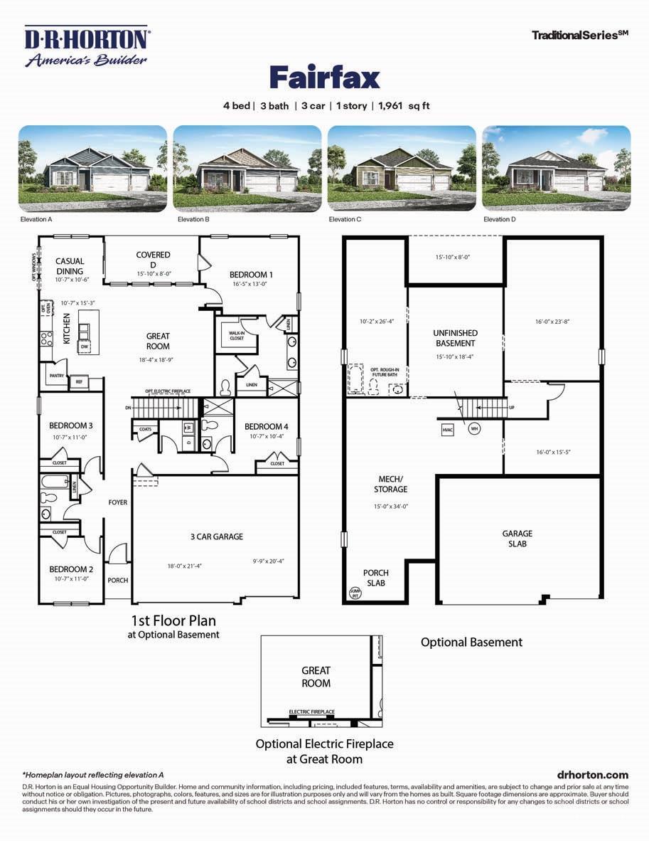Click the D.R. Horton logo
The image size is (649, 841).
pos(86,46)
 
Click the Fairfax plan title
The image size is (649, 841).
pos(324,77)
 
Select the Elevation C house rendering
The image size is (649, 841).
pos(401,167)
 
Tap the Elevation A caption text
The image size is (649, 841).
pos(36,220)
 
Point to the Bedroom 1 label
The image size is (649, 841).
pos(251,275)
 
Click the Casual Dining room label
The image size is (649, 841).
pos(70,266)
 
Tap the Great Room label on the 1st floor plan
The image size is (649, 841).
pos(158,342)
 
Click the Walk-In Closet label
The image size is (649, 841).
pos(236,334)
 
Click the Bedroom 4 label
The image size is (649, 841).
pos(267,427)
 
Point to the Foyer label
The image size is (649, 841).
pos(118,502)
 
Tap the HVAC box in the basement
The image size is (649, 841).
pos(447,430)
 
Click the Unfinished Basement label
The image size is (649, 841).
pos(455,338)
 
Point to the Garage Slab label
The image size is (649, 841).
pos(517,539)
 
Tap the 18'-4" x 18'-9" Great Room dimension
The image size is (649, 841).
pos(158,360)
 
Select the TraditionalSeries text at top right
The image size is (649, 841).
pos(579,34)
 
